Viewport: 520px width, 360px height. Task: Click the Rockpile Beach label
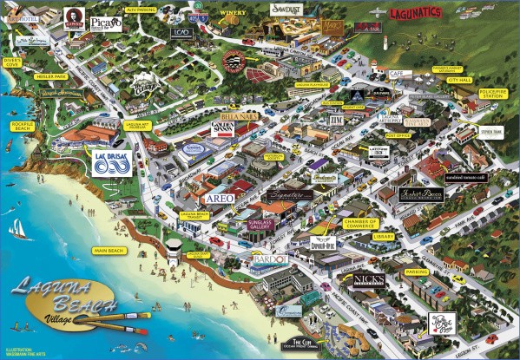click(x=21, y=127)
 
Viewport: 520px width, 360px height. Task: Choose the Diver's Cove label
click(x=12, y=62)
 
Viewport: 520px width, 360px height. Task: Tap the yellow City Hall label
click(x=459, y=78)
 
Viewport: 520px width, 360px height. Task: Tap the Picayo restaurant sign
click(x=106, y=23)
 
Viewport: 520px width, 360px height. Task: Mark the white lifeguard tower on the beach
click(x=174, y=250)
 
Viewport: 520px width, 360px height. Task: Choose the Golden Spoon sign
click(x=224, y=130)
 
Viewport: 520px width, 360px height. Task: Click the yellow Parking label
click(x=417, y=272)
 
